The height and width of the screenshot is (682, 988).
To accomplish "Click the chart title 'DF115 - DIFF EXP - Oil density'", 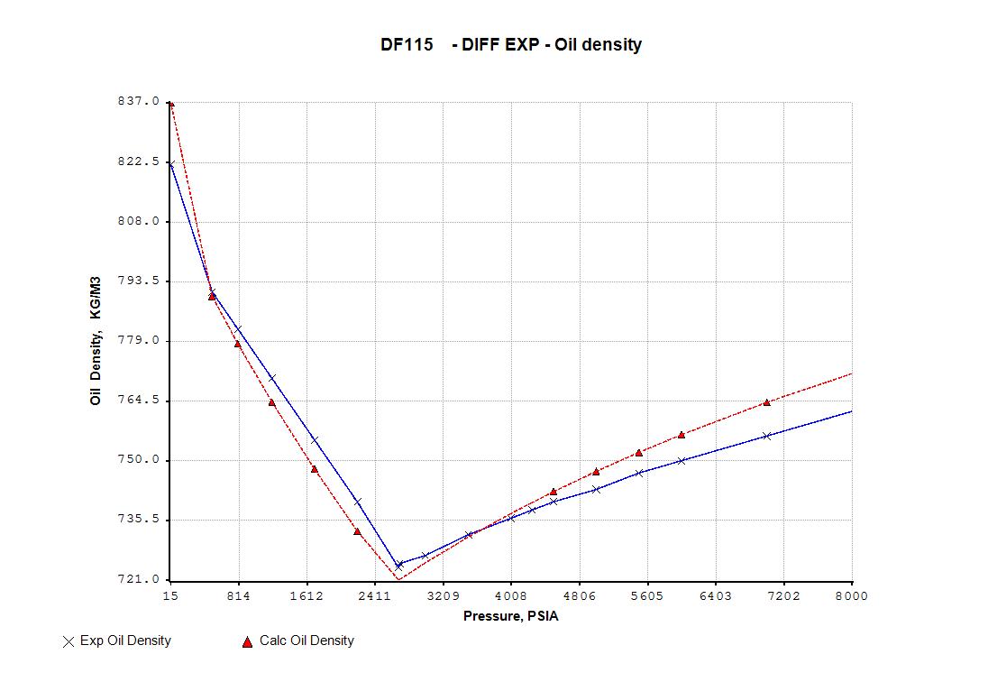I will click(x=510, y=45).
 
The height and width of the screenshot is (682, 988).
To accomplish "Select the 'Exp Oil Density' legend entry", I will click(x=116, y=641).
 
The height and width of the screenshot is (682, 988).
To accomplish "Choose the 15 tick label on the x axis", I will click(x=169, y=596).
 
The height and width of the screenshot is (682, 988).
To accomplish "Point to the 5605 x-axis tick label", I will click(x=647, y=596).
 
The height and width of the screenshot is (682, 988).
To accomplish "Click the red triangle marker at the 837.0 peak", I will click(x=171, y=104).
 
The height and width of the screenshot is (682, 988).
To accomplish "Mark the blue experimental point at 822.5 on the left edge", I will click(x=170, y=163).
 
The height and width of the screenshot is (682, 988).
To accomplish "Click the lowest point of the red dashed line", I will click(x=398, y=579).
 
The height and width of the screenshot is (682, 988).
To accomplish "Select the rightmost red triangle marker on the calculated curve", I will click(x=766, y=402).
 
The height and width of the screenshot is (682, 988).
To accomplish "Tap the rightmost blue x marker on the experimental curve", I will click(x=766, y=436).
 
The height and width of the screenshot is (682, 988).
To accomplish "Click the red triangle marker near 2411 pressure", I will click(x=357, y=531).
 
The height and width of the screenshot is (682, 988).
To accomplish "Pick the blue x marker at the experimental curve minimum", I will click(x=399, y=565).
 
